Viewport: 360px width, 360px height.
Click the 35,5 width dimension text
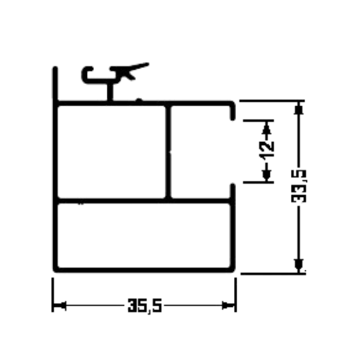pyautogui.click(x=145, y=306)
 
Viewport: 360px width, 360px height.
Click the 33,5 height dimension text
pyautogui.click(x=299, y=186)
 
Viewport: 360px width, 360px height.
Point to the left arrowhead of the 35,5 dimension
pyautogui.click(x=59, y=306)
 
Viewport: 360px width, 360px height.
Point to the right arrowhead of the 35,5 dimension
pyautogui.click(x=228, y=306)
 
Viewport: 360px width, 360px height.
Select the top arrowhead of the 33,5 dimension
pyautogui.click(x=299, y=108)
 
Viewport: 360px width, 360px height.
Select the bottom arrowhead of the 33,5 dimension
pyautogui.click(x=299, y=267)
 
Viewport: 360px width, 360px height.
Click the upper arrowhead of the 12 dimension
pyautogui.click(x=267, y=128)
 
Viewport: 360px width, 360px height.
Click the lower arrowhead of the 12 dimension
pyautogui.click(x=267, y=175)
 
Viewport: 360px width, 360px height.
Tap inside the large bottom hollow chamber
pyautogui.click(x=144, y=235)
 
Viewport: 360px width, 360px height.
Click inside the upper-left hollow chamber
pyautogui.click(x=111, y=152)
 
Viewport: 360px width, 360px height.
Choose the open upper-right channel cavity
pyautogui.click(x=200, y=152)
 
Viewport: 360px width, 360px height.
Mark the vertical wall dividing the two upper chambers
pyautogui.click(x=168, y=152)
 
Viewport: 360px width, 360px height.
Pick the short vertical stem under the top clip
pyautogui.click(x=110, y=92)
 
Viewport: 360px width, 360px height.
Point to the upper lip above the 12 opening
pyautogui.click(x=232, y=111)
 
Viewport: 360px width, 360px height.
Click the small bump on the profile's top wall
pyautogui.click(x=139, y=100)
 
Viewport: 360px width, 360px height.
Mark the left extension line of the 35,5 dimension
pyautogui.click(x=53, y=295)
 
